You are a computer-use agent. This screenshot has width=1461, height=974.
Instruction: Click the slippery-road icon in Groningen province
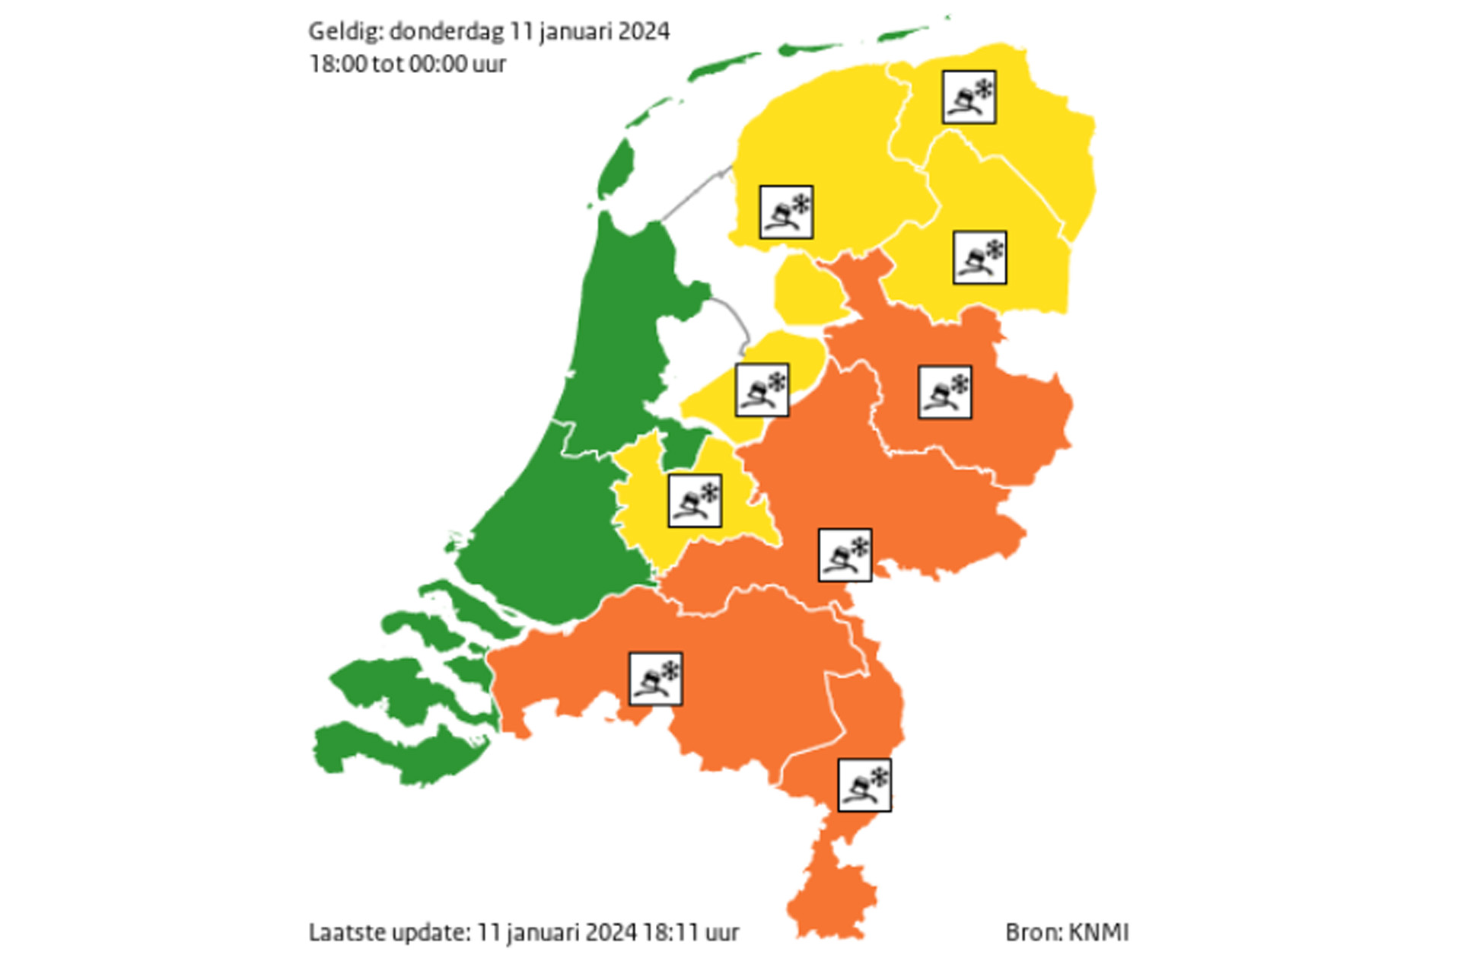point(969,97)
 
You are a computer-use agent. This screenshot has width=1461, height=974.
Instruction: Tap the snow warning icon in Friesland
point(786,212)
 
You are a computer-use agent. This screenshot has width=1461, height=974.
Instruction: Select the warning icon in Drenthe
point(979,257)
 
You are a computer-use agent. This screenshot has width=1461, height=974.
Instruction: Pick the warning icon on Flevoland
point(761,390)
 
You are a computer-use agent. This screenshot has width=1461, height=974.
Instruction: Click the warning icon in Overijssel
point(944,392)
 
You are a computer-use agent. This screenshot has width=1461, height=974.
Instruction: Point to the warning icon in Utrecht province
point(695,500)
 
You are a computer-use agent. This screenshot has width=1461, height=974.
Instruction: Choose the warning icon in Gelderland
point(845,555)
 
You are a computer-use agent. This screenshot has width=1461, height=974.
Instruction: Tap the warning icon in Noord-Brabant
point(655,678)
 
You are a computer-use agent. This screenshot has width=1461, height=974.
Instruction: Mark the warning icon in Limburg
point(864,785)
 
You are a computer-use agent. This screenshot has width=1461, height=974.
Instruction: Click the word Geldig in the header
point(345,32)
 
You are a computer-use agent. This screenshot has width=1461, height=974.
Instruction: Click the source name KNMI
point(1098,932)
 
